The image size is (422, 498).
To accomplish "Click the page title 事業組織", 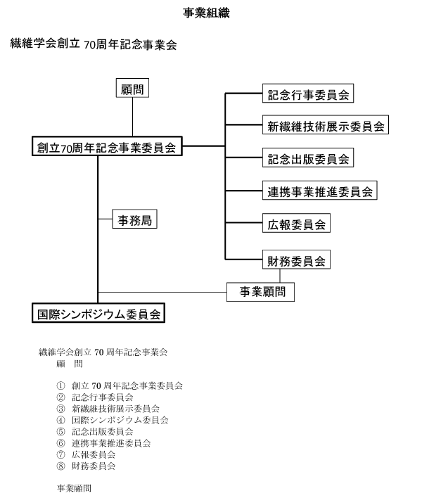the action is [x=206, y=13].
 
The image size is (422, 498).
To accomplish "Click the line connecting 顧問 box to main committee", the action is [x=132, y=117].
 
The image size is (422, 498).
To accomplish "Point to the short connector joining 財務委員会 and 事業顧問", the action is [x=280, y=276].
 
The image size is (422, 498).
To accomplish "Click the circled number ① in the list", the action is [x=60, y=385].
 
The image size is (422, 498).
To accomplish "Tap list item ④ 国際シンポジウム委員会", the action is [x=113, y=420].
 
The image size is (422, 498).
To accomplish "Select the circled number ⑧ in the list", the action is [x=60, y=466].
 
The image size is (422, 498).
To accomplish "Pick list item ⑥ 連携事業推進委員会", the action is [x=103, y=443].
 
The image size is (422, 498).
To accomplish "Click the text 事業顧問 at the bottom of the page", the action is [x=74, y=488].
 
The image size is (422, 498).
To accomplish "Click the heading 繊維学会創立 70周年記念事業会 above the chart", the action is [x=94, y=44].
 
